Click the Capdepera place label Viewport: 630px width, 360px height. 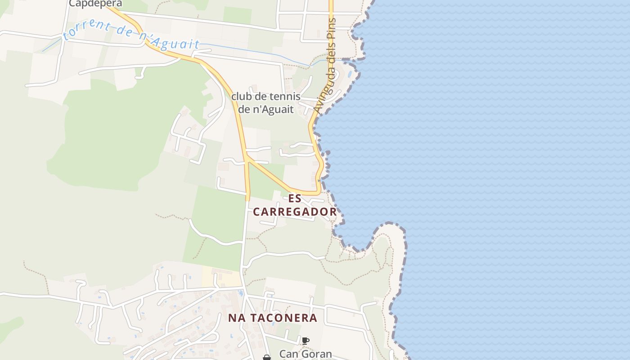click(95, 4)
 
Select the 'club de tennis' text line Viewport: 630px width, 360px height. click(265, 97)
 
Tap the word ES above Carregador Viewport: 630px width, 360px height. click(295, 198)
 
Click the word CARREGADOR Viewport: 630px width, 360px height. click(295, 212)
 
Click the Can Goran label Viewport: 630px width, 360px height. click(306, 354)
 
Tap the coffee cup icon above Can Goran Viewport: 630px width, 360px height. click(306, 341)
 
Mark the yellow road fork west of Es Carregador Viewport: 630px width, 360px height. click(247, 157)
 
